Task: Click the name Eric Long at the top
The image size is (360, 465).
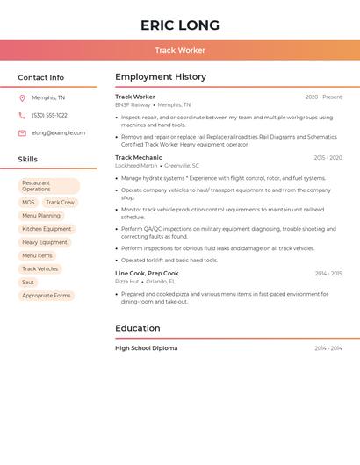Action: coord(180,25)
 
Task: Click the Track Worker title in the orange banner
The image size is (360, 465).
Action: coord(180,50)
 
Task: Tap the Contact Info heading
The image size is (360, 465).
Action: coord(40,77)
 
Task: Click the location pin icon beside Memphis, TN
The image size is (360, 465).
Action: coord(22,98)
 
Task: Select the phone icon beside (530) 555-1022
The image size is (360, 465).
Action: coord(22,115)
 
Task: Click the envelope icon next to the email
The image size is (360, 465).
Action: coord(22,132)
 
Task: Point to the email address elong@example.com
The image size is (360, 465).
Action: coord(58,132)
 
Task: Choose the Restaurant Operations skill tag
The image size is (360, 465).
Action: coord(48,186)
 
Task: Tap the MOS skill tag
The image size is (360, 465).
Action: coord(28,203)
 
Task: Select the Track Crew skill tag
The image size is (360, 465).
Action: coord(60,203)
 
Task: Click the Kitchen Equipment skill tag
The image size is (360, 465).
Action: coord(47,229)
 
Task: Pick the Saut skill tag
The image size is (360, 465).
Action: coord(28,282)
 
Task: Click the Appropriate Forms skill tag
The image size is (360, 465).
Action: coord(46,296)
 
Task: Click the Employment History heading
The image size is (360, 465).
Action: coord(161,77)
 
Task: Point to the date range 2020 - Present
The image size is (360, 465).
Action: coord(323,97)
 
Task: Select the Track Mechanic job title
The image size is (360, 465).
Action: coord(139,157)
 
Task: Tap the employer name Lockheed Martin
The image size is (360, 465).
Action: coord(136,165)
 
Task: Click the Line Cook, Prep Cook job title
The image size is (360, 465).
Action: coord(147,273)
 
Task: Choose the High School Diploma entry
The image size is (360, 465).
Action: coord(146,348)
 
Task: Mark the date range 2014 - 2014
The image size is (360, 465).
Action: coord(328,348)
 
